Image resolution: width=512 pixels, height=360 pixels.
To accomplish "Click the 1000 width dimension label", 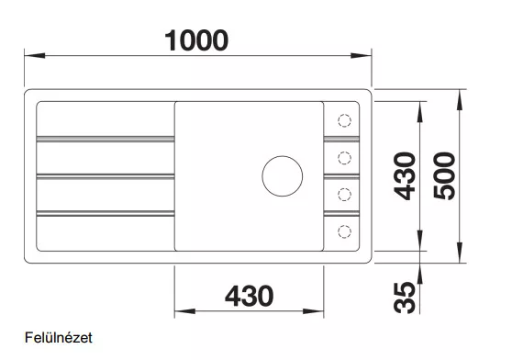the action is click(196, 40).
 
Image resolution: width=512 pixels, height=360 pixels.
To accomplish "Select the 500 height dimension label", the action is click(444, 175).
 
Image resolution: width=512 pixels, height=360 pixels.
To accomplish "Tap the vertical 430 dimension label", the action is click(405, 175).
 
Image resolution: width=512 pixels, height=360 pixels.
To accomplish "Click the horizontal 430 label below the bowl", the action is click(250, 296).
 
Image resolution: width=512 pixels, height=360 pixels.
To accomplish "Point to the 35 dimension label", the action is click(405, 298).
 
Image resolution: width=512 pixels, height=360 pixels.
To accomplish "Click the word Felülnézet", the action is click(59, 337).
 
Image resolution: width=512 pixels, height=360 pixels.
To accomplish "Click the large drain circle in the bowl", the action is click(282, 176).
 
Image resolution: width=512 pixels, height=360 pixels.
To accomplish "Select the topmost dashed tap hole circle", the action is click(344, 120).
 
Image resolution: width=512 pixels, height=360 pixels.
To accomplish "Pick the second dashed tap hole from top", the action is click(344, 158).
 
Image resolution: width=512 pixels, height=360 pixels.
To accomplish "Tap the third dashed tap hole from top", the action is click(344, 195).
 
